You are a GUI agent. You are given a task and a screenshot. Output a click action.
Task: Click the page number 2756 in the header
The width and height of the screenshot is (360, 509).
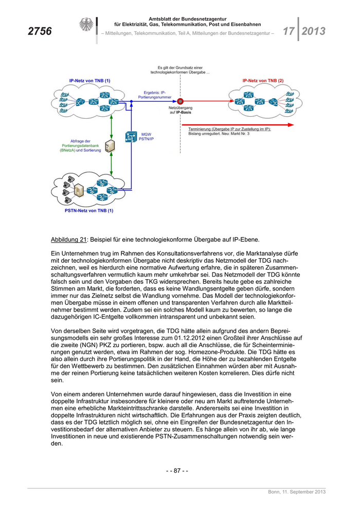click(x=40, y=31)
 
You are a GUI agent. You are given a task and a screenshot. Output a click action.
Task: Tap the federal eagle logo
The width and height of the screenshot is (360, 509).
click(x=85, y=26)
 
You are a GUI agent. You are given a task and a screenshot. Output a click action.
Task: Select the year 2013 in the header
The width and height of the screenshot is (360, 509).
click(x=313, y=31)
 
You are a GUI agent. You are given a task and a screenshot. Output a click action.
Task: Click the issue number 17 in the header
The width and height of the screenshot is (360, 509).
click(x=288, y=31)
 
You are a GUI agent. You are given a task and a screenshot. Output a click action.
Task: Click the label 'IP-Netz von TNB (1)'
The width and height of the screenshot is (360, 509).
click(x=89, y=81)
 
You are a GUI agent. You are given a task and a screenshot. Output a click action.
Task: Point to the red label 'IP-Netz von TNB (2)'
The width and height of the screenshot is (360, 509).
click(x=263, y=81)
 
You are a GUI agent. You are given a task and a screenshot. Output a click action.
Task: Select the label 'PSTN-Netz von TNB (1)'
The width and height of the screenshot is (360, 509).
click(x=89, y=210)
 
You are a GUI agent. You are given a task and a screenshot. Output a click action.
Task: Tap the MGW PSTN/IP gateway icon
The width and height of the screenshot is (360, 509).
click(x=129, y=137)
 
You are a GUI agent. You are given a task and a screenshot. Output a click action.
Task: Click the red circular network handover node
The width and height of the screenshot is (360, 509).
click(x=181, y=101)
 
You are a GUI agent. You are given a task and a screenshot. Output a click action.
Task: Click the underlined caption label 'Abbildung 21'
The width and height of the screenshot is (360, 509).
click(x=69, y=240)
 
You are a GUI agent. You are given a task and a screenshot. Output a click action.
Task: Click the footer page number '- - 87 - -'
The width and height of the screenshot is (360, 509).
click(x=177, y=470)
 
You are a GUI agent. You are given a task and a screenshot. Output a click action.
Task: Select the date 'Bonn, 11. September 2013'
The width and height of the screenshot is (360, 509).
click(x=297, y=493)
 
